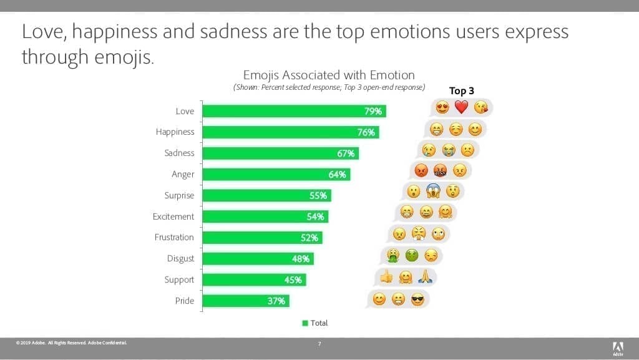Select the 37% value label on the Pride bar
coord(276,301)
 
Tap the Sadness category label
coord(178,153)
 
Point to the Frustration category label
coord(174,237)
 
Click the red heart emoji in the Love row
coord(461,107)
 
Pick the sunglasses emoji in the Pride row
coord(417,300)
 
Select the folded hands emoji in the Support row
coord(426,278)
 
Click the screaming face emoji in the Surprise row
coord(433,192)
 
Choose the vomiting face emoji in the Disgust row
coord(393,255)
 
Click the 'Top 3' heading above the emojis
coord(462,90)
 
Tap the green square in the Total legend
coord(305,323)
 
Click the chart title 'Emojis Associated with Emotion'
coord(328,75)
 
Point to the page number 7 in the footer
coord(319,344)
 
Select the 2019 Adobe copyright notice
coord(72,343)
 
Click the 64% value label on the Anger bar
coord(337,175)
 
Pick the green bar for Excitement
coord(266,216)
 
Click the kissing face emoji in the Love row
coord(480,107)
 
